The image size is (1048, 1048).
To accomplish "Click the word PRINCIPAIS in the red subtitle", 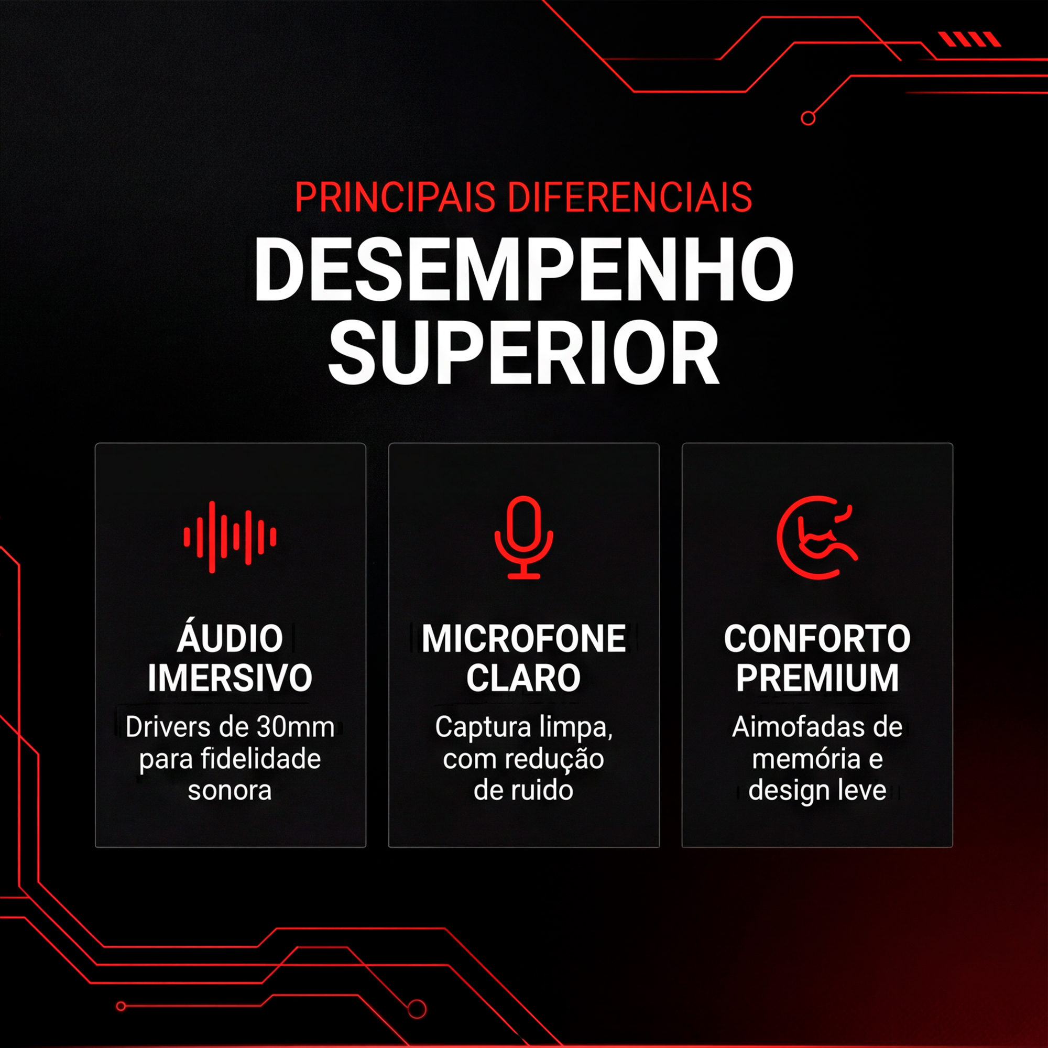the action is (395, 197).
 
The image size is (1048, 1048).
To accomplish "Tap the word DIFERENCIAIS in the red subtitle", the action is (630, 197).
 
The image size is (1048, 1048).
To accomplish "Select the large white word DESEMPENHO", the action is (523, 269).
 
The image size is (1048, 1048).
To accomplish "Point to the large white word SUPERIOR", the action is (523, 352).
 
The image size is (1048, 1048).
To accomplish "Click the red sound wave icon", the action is (230, 537).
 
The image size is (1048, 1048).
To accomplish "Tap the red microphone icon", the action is (523, 537).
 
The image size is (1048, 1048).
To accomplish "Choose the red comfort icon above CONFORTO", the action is (817, 537).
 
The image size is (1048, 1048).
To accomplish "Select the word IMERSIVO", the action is (230, 678).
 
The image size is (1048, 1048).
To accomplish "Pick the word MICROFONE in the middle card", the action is (523, 638).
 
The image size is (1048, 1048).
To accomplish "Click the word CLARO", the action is (523, 678).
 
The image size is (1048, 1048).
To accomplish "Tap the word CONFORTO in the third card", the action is (817, 638).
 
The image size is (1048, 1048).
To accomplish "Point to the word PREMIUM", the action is (817, 678).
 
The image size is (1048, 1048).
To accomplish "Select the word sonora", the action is (230, 791).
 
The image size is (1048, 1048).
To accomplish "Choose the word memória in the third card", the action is (805, 759).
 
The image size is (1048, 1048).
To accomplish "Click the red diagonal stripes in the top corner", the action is (970, 39).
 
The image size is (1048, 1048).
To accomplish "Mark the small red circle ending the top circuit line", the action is (808, 118).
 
